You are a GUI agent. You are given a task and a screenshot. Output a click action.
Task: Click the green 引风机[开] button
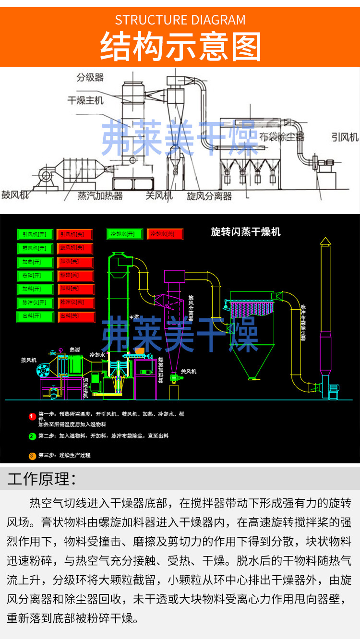coord(35,234)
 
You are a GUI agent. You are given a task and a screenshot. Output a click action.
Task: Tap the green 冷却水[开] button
coord(124,234)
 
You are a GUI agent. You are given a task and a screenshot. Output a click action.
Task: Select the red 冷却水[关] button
coord(165,234)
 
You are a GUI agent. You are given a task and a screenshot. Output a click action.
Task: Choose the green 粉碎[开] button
coord(35,276)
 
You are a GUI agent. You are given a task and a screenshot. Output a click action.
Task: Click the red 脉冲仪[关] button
coord(75,303)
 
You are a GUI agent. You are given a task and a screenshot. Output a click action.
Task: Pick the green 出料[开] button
coord(35,317)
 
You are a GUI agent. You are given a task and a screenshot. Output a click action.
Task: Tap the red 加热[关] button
coord(75,262)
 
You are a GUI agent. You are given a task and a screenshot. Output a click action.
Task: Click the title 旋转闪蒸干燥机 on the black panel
coord(246,232)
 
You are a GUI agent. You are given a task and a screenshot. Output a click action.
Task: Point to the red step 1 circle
coord(32,416)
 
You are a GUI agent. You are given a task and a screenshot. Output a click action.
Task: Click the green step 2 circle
coord(32,436)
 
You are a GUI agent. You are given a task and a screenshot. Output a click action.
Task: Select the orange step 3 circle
coord(32,456)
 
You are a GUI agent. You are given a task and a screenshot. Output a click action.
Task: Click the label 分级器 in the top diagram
coord(90,77)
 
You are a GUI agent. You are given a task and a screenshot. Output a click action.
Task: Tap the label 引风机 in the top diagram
coord(345,137)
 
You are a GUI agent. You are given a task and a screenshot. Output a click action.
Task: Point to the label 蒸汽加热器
coord(100,196)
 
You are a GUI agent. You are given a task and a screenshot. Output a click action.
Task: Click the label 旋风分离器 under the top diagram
coord(209,196)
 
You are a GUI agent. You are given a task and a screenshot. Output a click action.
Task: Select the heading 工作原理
coord(41,479)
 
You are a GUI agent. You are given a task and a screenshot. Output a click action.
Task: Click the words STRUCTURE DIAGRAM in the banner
coord(180,20)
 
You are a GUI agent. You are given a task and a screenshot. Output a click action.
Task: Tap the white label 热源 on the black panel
coord(75,350)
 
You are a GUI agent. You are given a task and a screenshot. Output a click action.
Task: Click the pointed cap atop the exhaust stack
coord(325,240)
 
